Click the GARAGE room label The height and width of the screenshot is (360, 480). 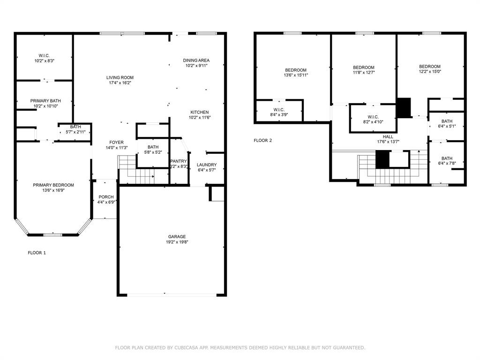point(177,237)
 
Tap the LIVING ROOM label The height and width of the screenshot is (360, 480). point(120,78)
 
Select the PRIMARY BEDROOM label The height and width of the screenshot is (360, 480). point(53,185)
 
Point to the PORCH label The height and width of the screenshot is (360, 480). point(106,197)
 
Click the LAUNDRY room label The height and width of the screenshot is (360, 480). point(207,165)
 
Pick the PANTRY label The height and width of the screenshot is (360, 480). point(179,161)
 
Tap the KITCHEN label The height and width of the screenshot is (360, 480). point(200,112)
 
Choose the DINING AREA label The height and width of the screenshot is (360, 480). point(196,60)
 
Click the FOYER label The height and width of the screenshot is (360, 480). point(117,142)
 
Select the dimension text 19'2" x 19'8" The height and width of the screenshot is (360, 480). point(177,242)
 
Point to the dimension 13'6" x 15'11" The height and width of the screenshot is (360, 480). point(296,75)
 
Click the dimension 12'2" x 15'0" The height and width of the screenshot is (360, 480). point(430,72)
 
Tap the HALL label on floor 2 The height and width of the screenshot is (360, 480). point(388,136)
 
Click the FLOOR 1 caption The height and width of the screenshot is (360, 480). point(37,253)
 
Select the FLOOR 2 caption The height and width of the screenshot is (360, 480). point(262,140)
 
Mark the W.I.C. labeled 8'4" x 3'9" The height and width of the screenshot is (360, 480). point(278,111)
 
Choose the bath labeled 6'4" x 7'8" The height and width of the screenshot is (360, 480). point(447,161)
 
